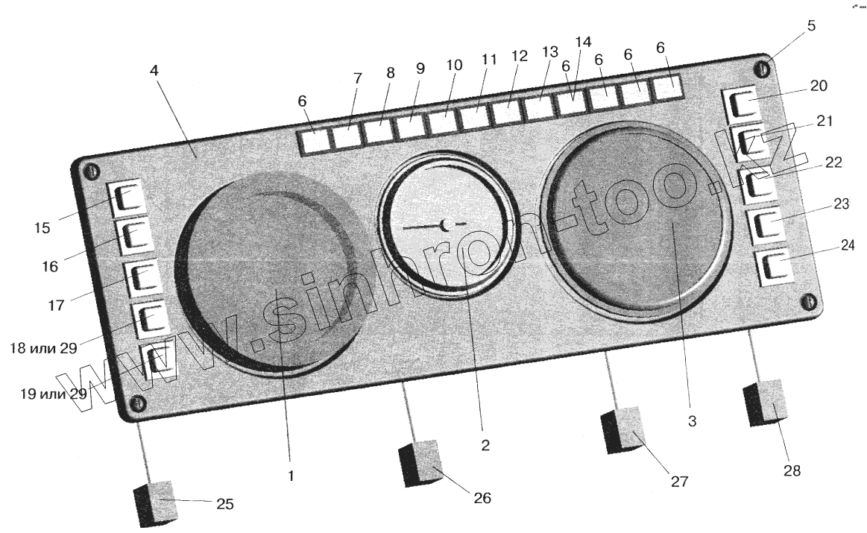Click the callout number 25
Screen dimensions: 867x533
click(x=225, y=505)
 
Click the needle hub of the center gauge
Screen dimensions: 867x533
click(x=445, y=224)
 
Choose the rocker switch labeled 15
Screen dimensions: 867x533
click(x=127, y=198)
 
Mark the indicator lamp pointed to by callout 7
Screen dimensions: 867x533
click(x=344, y=136)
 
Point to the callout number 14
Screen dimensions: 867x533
click(x=583, y=41)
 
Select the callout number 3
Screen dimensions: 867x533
click(x=692, y=422)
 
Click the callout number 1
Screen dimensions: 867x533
click(x=291, y=474)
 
